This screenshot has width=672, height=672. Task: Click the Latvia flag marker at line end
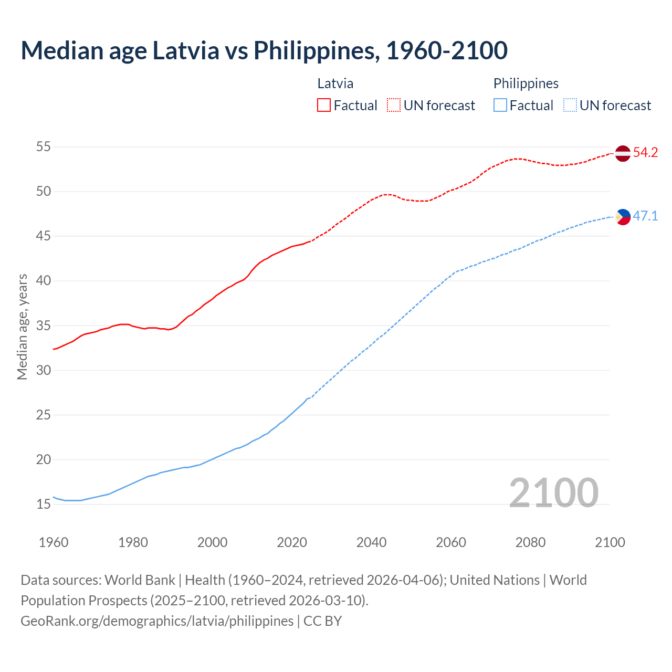pos(622,153)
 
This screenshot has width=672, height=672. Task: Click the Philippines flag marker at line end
pos(623,216)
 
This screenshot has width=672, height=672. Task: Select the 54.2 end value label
pos(645,153)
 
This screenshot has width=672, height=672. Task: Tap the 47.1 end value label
pos(645,216)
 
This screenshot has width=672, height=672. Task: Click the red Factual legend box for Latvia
pos(324,106)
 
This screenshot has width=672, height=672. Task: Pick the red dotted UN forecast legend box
pos(394,106)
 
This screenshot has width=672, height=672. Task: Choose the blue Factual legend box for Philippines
pos(500,106)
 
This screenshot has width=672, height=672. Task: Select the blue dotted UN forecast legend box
pos(570,106)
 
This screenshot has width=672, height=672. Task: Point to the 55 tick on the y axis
pos(43,146)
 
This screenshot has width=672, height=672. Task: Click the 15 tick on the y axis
pos(43,505)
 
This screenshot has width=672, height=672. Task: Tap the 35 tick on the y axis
pos(43,325)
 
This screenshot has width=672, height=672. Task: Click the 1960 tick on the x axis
pos(54,542)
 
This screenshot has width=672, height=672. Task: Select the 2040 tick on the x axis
pos(371,542)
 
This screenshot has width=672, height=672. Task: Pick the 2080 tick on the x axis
pos(530,542)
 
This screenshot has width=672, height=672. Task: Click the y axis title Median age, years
pos(22,326)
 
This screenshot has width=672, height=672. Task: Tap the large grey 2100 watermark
pos(553,492)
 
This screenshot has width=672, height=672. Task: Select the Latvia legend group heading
pos(335,83)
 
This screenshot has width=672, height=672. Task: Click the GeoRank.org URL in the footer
pos(157,621)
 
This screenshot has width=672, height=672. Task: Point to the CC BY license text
pos(322,621)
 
